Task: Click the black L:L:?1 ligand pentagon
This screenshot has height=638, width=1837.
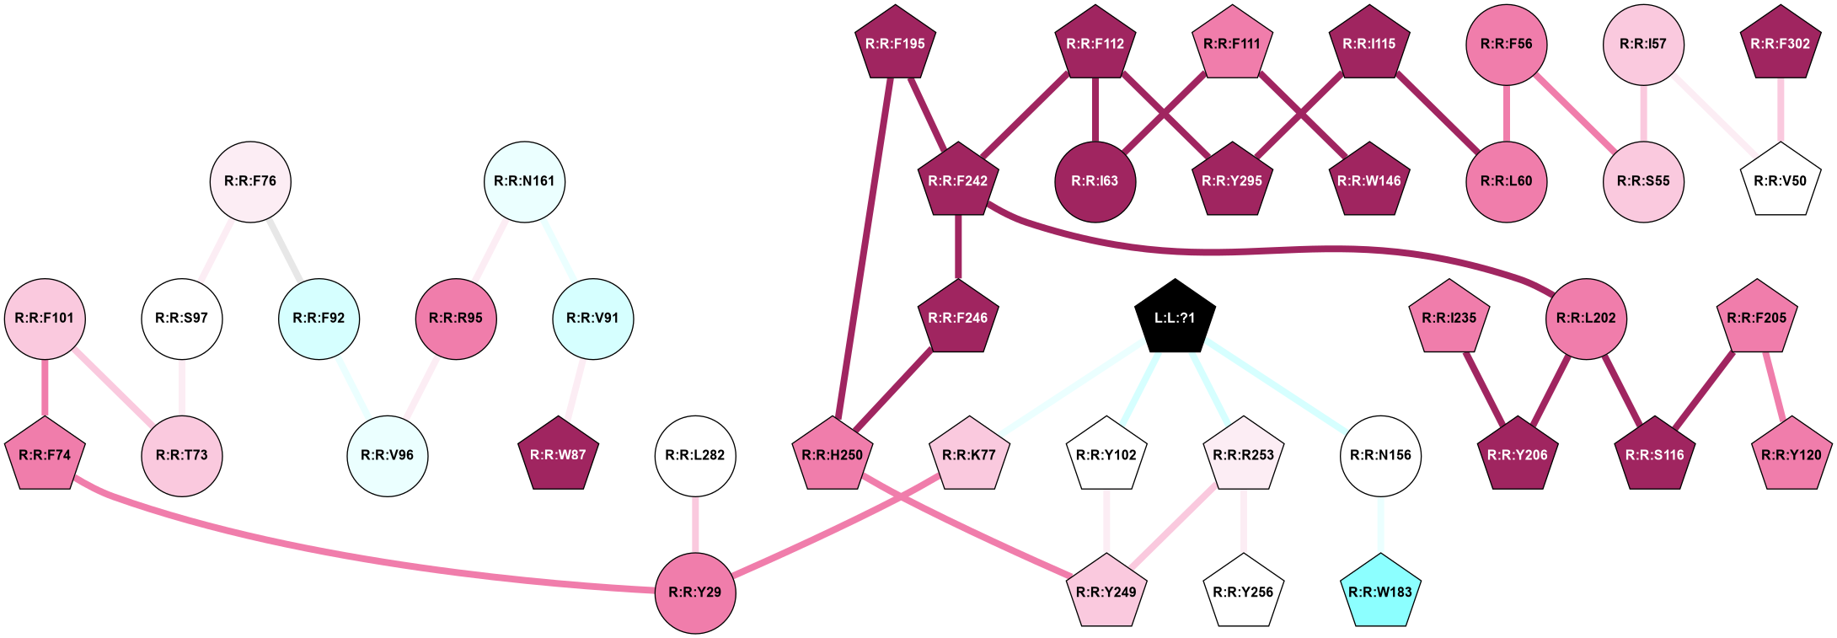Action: click(1175, 318)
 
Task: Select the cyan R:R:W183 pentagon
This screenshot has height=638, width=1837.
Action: click(1380, 592)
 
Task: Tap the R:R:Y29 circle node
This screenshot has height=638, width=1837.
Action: click(695, 592)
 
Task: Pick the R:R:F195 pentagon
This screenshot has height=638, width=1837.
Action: click(895, 44)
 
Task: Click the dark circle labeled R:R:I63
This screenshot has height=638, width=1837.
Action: click(1095, 181)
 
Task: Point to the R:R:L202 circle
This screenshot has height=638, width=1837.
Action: click(1586, 318)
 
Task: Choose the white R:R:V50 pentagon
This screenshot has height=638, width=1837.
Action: click(1780, 181)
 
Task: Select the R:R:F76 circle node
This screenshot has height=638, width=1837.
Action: click(250, 181)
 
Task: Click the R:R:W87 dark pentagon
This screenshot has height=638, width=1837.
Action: click(559, 455)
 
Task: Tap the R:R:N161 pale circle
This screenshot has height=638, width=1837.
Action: click(524, 181)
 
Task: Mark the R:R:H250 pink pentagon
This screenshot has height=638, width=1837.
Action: click(832, 455)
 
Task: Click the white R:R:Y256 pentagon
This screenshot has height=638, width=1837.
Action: click(1243, 592)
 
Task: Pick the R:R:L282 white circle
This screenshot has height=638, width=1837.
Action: click(695, 455)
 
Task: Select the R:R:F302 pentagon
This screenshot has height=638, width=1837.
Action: click(1780, 44)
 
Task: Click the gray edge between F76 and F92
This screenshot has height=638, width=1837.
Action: click(286, 250)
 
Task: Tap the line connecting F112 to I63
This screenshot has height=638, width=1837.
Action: click(1095, 110)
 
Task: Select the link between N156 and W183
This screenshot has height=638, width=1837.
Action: click(1380, 523)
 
